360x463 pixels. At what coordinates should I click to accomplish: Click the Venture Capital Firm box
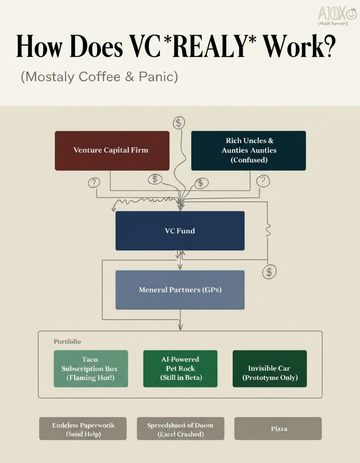point(112,150)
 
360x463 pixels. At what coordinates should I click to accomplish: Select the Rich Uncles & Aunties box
point(248,150)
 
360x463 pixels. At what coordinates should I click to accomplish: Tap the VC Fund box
point(180,231)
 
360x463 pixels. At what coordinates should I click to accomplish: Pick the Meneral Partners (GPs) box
point(180,290)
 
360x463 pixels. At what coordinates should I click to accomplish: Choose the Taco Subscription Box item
point(91,369)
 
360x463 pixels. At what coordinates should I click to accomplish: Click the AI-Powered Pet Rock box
point(180,369)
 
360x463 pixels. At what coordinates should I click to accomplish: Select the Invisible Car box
point(269,369)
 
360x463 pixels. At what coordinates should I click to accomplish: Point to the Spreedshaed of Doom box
point(180,429)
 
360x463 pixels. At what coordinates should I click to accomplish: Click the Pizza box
point(278,429)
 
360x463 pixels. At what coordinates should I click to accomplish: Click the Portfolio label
point(67,342)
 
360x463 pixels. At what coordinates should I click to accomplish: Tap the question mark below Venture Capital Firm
point(94,183)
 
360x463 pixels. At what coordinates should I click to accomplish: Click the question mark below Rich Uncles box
point(263,180)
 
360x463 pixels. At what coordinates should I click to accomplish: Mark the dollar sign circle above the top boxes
point(178,123)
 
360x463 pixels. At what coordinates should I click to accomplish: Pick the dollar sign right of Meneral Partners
point(269,272)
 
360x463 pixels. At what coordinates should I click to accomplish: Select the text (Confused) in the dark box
point(249,160)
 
